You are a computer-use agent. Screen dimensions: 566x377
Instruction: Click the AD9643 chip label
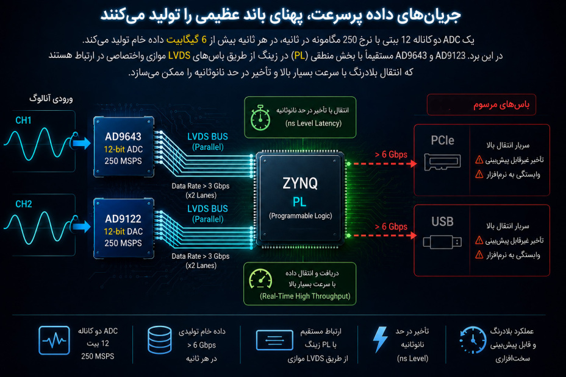[x=123, y=136]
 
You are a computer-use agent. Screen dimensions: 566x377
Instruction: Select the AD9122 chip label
[x=123, y=219]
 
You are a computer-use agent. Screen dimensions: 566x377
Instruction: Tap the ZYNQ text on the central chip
[x=300, y=183]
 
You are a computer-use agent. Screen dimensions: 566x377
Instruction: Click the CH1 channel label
[x=23, y=121]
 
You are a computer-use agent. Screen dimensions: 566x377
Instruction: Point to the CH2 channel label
[x=23, y=204]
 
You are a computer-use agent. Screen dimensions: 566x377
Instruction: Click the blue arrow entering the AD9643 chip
[x=82, y=143]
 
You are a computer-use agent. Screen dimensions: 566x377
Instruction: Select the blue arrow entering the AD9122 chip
[x=82, y=227]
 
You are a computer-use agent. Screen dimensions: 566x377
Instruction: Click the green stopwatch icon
[x=260, y=118]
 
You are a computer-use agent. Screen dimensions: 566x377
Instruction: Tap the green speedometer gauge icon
[x=260, y=279]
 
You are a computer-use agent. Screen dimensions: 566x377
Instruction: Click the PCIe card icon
[x=443, y=162]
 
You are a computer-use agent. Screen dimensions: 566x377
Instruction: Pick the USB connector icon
[x=442, y=242]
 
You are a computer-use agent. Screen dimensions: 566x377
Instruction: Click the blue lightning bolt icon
[x=380, y=339]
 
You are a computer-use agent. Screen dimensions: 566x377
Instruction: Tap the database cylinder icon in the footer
[x=160, y=339]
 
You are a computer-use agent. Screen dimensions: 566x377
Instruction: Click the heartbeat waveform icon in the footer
[x=54, y=340]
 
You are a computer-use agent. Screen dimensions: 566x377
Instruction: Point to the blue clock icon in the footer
[x=473, y=340]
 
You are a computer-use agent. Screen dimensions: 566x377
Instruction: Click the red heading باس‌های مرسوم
[x=501, y=105]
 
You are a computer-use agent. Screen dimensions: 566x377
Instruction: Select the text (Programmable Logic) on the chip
[x=300, y=216]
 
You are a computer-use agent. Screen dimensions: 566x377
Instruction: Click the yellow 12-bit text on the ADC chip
[x=114, y=149]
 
